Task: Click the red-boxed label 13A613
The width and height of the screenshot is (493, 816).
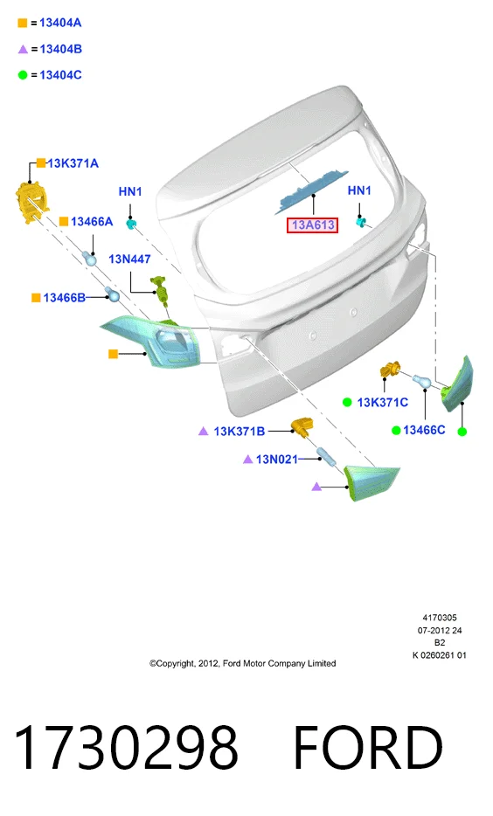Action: point(312,225)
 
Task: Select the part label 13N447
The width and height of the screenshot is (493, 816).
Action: point(129,259)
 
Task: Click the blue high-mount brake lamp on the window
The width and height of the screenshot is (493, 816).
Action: point(311,190)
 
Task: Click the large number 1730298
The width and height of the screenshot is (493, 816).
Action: point(126,747)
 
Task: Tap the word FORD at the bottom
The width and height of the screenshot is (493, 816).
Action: point(368,747)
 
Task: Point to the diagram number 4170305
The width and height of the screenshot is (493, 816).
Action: point(440,618)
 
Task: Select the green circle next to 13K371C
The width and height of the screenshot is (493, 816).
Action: point(347,402)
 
